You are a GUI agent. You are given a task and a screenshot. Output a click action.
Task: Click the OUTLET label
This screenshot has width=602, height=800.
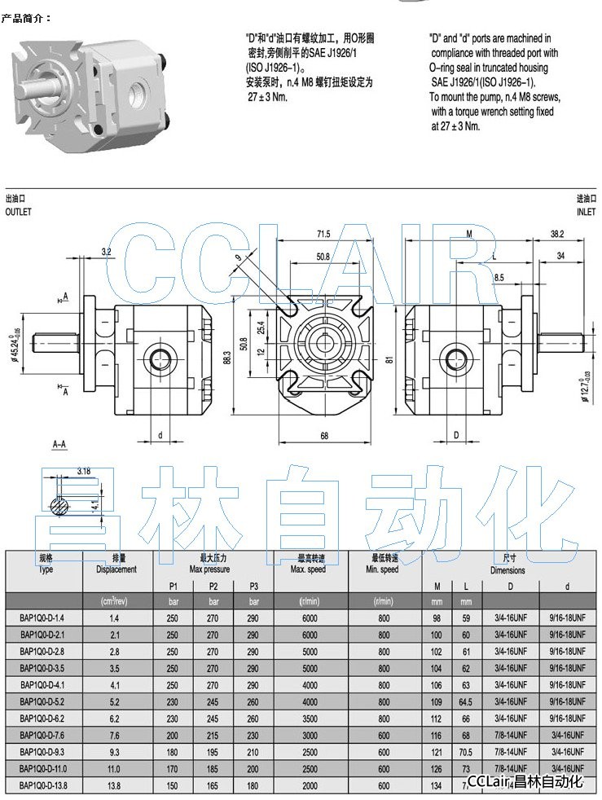point(18,212)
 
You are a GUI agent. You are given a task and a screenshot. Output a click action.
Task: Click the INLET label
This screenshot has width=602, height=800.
point(587,212)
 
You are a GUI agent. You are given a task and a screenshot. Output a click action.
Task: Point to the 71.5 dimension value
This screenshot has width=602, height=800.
point(323,235)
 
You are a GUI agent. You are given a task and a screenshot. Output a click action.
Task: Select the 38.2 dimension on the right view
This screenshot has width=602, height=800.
point(557,235)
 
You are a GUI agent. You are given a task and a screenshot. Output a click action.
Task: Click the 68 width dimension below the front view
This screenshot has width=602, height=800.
point(324,437)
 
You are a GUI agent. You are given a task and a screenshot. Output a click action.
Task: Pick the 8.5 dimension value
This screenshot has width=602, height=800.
point(499,278)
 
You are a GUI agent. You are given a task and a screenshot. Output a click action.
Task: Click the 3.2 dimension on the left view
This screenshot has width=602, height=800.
point(107,252)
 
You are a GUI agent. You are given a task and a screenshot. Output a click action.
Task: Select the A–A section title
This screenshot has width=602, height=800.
point(59,445)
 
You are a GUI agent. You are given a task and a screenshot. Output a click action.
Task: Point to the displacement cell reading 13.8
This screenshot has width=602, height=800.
point(115,785)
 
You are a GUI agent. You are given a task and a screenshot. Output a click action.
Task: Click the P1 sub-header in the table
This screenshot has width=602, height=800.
point(173,587)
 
